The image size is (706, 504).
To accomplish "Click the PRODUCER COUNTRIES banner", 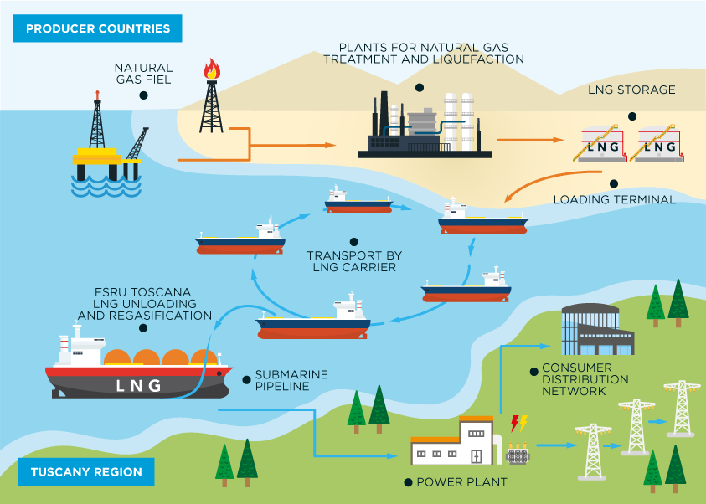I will (x=98, y=28).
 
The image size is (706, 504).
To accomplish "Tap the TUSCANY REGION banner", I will (x=86, y=471).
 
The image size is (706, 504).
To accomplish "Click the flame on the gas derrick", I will (x=212, y=69).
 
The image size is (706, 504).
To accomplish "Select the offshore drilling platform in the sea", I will (x=106, y=151).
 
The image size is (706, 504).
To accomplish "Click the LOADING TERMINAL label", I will (x=615, y=200).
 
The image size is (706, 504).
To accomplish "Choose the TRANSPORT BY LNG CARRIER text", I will (x=351, y=261).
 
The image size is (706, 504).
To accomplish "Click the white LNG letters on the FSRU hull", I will (x=138, y=385).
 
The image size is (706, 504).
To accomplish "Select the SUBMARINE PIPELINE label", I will (x=291, y=380).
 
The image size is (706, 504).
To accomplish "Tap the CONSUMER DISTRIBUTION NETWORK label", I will (x=585, y=379).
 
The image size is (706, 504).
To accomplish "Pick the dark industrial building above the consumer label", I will (x=596, y=329).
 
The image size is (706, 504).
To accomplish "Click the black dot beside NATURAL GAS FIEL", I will (x=143, y=96).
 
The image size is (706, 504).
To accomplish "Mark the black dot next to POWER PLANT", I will (x=408, y=482).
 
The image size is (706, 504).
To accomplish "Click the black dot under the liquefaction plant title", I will (x=420, y=87).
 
